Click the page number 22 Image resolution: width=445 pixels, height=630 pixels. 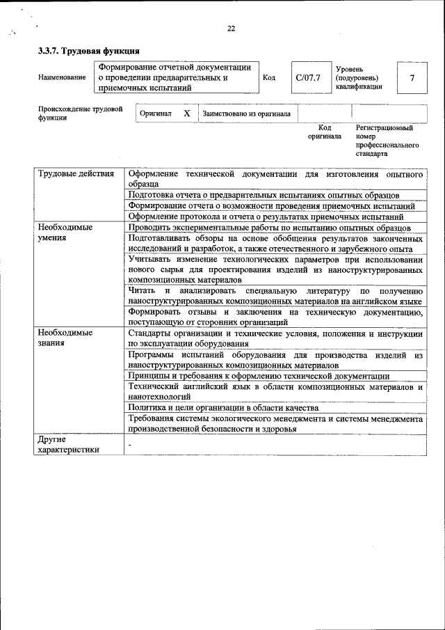pyautogui.click(x=231, y=29)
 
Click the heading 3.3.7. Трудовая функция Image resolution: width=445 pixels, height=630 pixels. pyautogui.click(x=88, y=51)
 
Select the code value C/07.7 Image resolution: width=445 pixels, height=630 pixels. pyautogui.click(x=307, y=78)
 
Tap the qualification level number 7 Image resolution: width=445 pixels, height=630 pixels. pyautogui.click(x=412, y=78)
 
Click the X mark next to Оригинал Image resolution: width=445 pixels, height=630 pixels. pyautogui.click(x=186, y=113)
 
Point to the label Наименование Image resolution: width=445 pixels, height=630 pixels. pyautogui.click(x=62, y=78)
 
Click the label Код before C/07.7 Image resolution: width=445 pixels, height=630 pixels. pyautogui.click(x=269, y=78)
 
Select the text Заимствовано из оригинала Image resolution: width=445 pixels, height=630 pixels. pyautogui.click(x=246, y=113)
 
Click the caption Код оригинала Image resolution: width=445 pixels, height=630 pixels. pyautogui.click(x=325, y=132)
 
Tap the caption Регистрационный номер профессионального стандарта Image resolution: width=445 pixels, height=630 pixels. pyautogui.click(x=387, y=140)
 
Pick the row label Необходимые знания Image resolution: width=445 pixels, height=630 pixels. pyautogui.click(x=65, y=338)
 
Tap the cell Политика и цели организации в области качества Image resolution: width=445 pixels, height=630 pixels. pyautogui.click(x=223, y=407)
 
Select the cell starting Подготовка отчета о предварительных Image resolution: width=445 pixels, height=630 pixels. pyautogui.click(x=273, y=195)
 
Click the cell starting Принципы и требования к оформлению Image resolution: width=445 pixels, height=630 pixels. pyautogui.click(x=259, y=376)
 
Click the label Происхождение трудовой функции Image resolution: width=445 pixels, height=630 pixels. pyautogui.click(x=81, y=113)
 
